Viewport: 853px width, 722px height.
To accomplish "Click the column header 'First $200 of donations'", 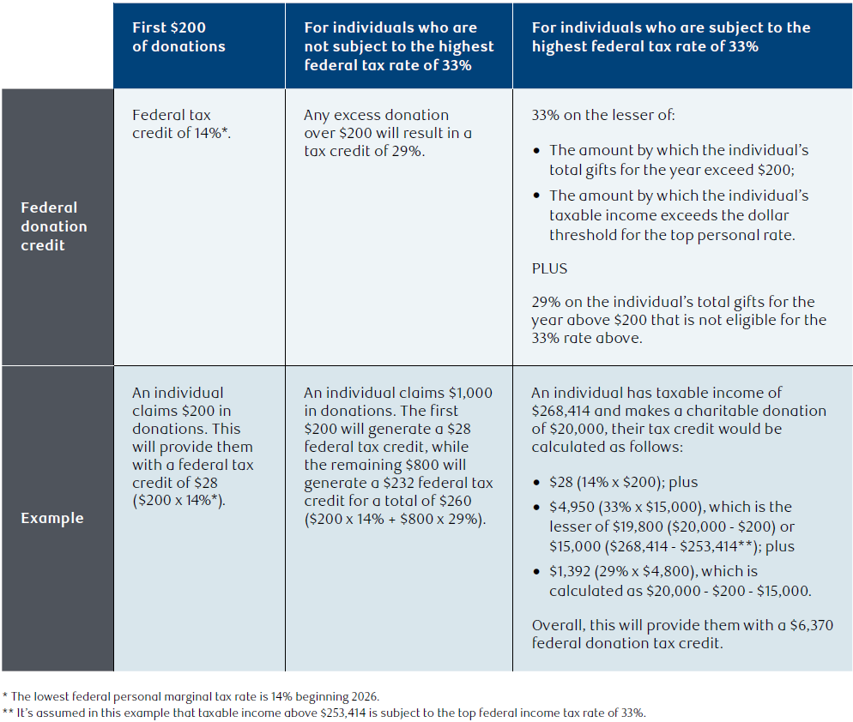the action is point(178,37).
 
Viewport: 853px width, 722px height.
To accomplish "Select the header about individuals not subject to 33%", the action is point(399,46).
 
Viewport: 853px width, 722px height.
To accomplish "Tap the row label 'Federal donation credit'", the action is point(54,226).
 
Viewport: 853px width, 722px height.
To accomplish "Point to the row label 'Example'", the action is point(52,518).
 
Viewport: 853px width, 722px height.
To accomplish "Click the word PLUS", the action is point(549,268).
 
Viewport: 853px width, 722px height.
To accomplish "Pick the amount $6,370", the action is point(812,625).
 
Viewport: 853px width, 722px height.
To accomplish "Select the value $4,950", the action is point(572,508).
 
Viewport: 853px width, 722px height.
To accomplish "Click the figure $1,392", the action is point(570,571).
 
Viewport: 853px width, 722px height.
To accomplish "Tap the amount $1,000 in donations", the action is point(470,393).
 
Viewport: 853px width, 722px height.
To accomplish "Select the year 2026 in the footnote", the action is point(365,696).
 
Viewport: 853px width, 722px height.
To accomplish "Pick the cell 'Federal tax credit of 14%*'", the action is point(181,124).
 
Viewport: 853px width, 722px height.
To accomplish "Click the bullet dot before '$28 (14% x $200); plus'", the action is point(537,483).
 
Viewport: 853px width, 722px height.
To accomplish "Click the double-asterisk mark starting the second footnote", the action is point(8,712).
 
